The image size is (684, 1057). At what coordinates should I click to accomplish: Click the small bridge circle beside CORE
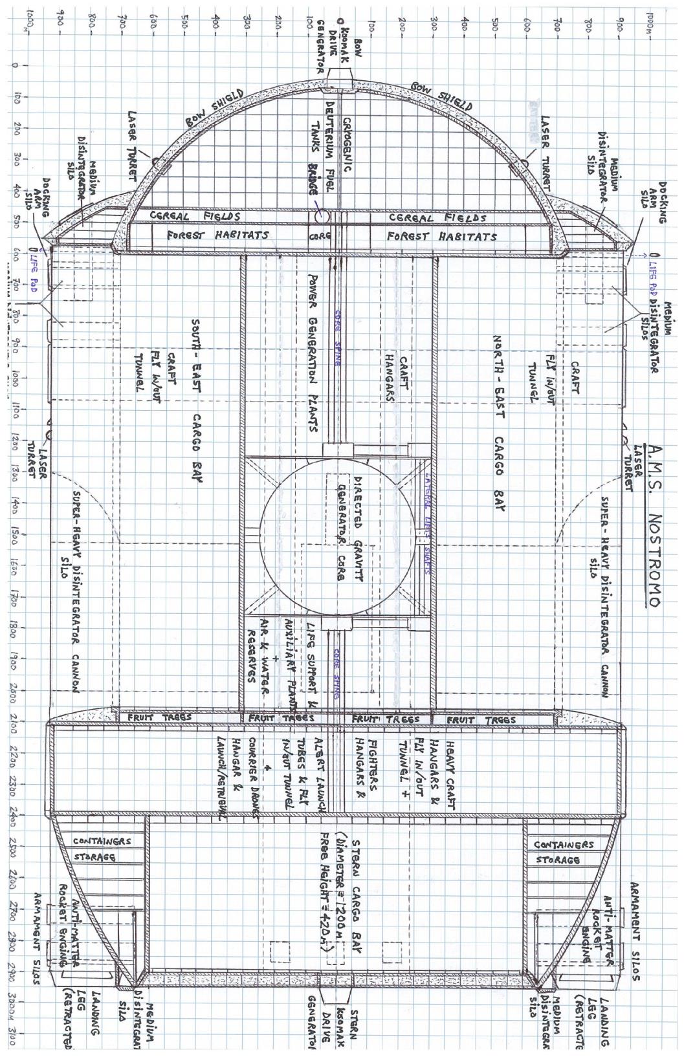[322, 215]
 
